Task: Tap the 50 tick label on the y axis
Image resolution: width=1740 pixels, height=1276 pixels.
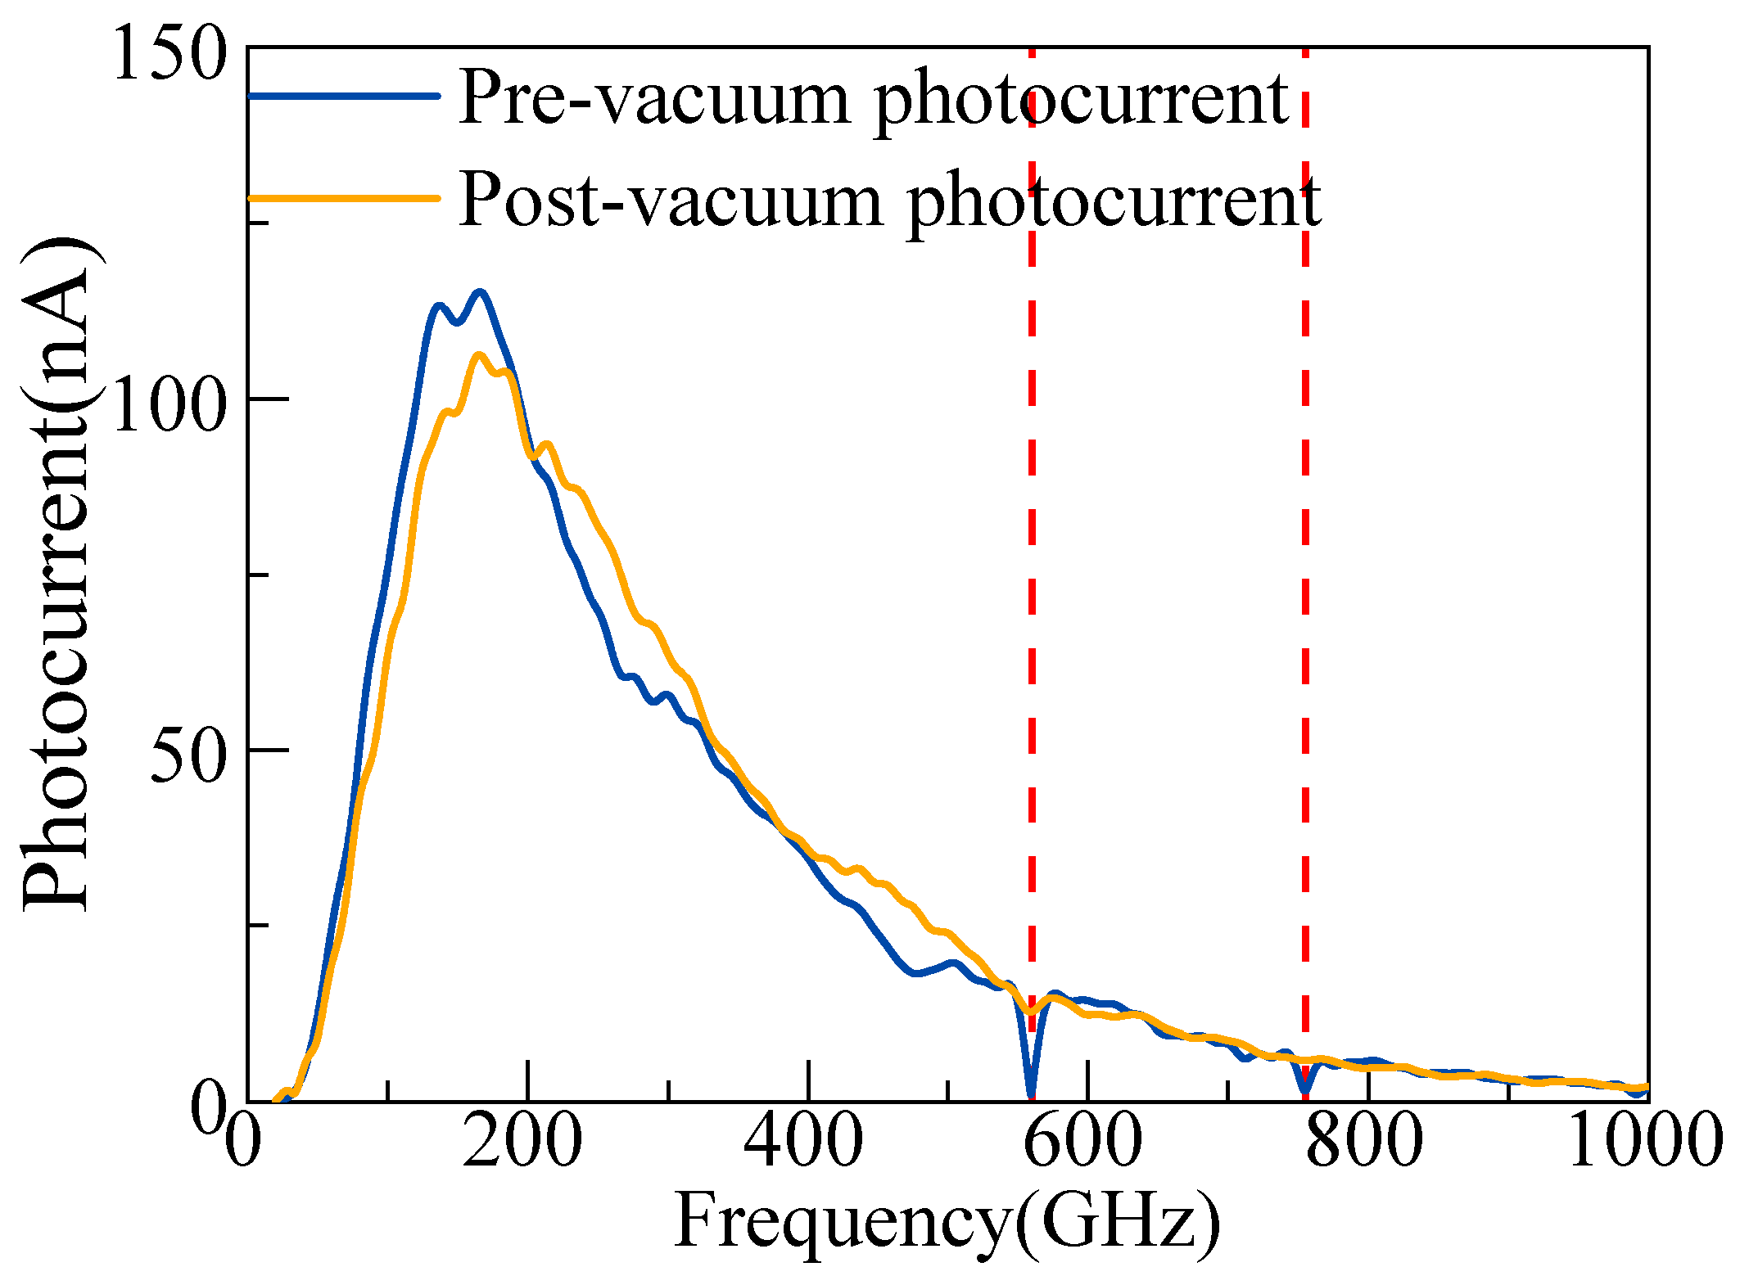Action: pos(188,753)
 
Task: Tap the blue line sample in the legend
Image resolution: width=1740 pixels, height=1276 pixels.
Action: pos(344,96)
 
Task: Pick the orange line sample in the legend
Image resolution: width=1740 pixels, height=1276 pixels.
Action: pos(344,197)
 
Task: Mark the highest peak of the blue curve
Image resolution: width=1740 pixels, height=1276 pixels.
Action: pos(480,292)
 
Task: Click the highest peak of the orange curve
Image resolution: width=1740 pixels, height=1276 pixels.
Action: pos(479,355)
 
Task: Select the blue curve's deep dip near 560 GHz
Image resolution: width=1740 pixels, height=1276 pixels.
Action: pos(1032,1093)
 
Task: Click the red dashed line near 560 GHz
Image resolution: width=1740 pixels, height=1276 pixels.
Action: pos(1032,573)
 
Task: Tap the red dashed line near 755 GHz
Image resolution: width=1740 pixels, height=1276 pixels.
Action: pos(1305,573)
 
